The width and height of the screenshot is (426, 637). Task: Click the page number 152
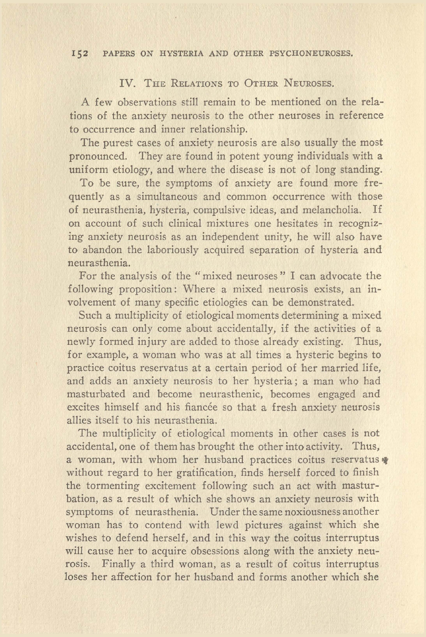(x=80, y=54)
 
